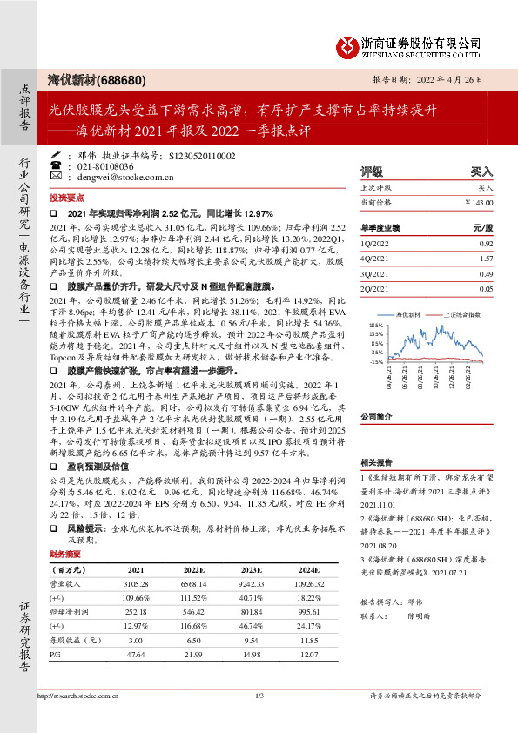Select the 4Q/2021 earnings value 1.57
pos(487,259)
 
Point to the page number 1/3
pos(259,696)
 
